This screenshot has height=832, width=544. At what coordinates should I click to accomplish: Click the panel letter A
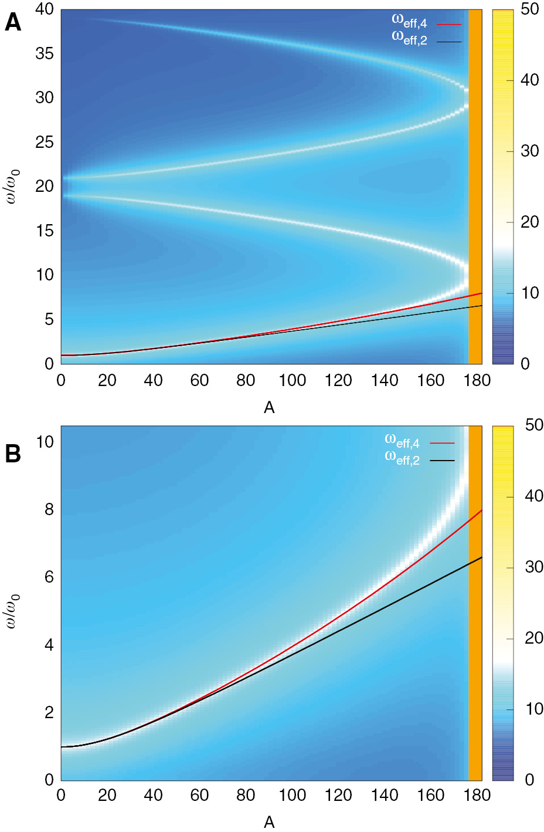coord(13,23)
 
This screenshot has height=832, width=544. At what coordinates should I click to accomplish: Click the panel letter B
coord(13,454)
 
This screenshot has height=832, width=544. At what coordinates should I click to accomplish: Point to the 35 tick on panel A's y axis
coord(45,54)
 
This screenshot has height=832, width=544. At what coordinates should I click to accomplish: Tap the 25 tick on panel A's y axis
coord(45,143)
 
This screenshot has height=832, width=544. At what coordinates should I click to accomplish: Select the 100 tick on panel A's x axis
coord(292,381)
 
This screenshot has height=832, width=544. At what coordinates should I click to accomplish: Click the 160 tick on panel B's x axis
coord(431,796)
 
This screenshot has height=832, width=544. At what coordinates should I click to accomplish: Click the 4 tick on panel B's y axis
coord(49,645)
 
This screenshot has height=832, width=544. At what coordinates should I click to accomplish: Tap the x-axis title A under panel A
coord(269,408)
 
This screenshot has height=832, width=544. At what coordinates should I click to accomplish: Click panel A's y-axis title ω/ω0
coord(12,187)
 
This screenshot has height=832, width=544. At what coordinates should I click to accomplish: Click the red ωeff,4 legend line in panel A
coord(449,25)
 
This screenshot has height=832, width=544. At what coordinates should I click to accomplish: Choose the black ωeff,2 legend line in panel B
coord(442,461)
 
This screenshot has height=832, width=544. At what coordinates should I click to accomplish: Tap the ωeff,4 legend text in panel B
coord(402,441)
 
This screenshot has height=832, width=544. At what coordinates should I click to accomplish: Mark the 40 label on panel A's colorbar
coord(529,80)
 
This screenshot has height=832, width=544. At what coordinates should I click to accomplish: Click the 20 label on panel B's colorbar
coord(534,638)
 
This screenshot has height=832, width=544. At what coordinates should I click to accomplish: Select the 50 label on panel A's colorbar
coord(529,10)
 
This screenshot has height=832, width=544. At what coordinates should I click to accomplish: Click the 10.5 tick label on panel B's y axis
coord(45,442)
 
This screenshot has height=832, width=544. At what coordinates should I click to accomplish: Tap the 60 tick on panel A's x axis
coord(199,381)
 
